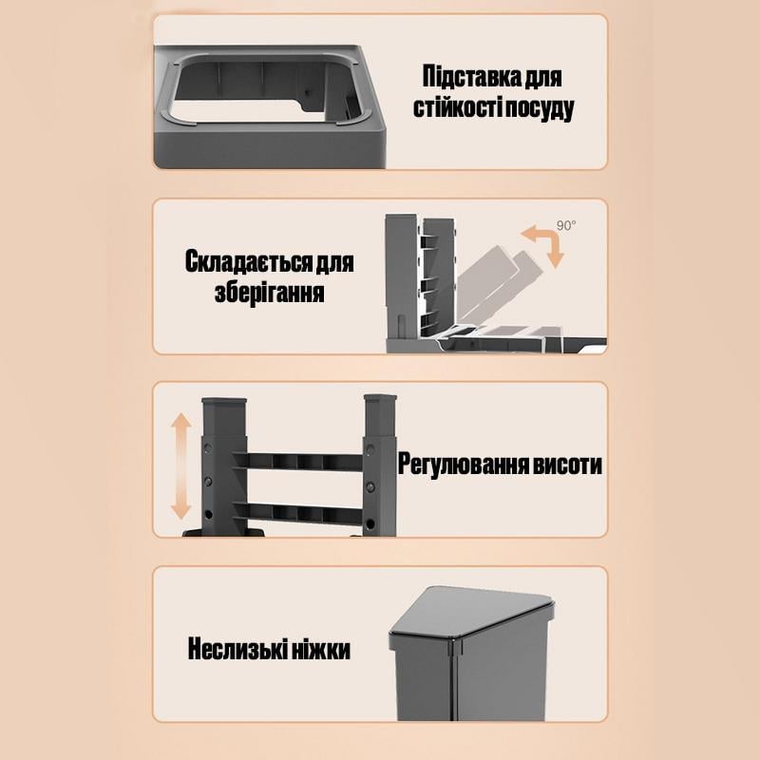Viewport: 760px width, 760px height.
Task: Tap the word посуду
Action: (539, 107)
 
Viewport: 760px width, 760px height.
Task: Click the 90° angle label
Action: (567, 226)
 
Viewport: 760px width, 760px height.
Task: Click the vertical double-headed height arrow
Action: (179, 465)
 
